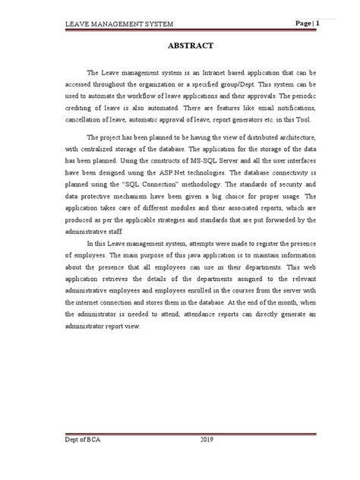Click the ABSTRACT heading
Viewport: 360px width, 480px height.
click(x=179, y=46)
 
